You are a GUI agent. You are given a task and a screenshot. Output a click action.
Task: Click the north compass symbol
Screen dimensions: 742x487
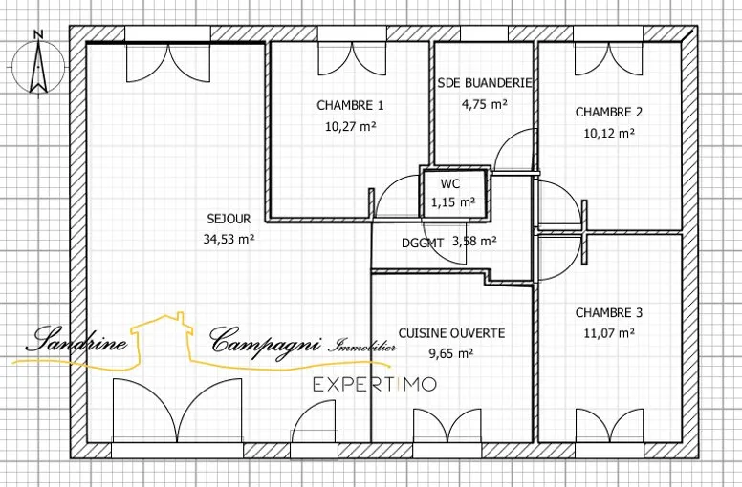(38, 63)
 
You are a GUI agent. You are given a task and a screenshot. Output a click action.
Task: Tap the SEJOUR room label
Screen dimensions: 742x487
(229, 219)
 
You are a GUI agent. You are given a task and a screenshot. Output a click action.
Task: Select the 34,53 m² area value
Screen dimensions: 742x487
(229, 239)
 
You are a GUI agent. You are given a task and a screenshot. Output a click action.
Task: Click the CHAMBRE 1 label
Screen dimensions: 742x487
(350, 105)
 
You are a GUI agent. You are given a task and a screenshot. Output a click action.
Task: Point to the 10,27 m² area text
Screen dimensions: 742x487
(351, 126)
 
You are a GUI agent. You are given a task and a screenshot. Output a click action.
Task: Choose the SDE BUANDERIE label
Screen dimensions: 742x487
(485, 83)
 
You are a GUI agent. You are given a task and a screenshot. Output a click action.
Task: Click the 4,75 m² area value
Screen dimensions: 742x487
(485, 104)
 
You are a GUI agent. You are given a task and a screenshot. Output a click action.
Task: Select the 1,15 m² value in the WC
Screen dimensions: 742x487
(453, 202)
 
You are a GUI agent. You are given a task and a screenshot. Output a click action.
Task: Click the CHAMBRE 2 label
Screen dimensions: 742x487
(609, 113)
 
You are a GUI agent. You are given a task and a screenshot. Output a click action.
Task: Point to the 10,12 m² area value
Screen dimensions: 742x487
(609, 133)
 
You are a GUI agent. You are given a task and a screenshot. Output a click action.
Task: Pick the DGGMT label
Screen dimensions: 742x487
(423, 243)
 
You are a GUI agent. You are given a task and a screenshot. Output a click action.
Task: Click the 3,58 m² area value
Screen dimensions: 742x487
(474, 242)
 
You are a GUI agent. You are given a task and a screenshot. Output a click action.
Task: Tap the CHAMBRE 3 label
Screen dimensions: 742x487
(609, 312)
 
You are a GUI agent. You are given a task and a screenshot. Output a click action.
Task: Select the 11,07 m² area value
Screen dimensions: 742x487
(609, 333)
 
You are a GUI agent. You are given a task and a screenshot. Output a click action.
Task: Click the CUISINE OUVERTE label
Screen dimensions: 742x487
(451, 333)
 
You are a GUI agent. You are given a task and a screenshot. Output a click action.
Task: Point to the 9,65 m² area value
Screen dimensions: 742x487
(451, 354)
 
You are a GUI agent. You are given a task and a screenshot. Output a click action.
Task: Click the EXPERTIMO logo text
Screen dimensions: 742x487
(375, 385)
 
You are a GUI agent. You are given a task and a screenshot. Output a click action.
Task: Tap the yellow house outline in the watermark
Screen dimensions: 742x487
(163, 338)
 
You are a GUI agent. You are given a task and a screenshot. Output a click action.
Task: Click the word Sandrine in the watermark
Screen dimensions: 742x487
(76, 340)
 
